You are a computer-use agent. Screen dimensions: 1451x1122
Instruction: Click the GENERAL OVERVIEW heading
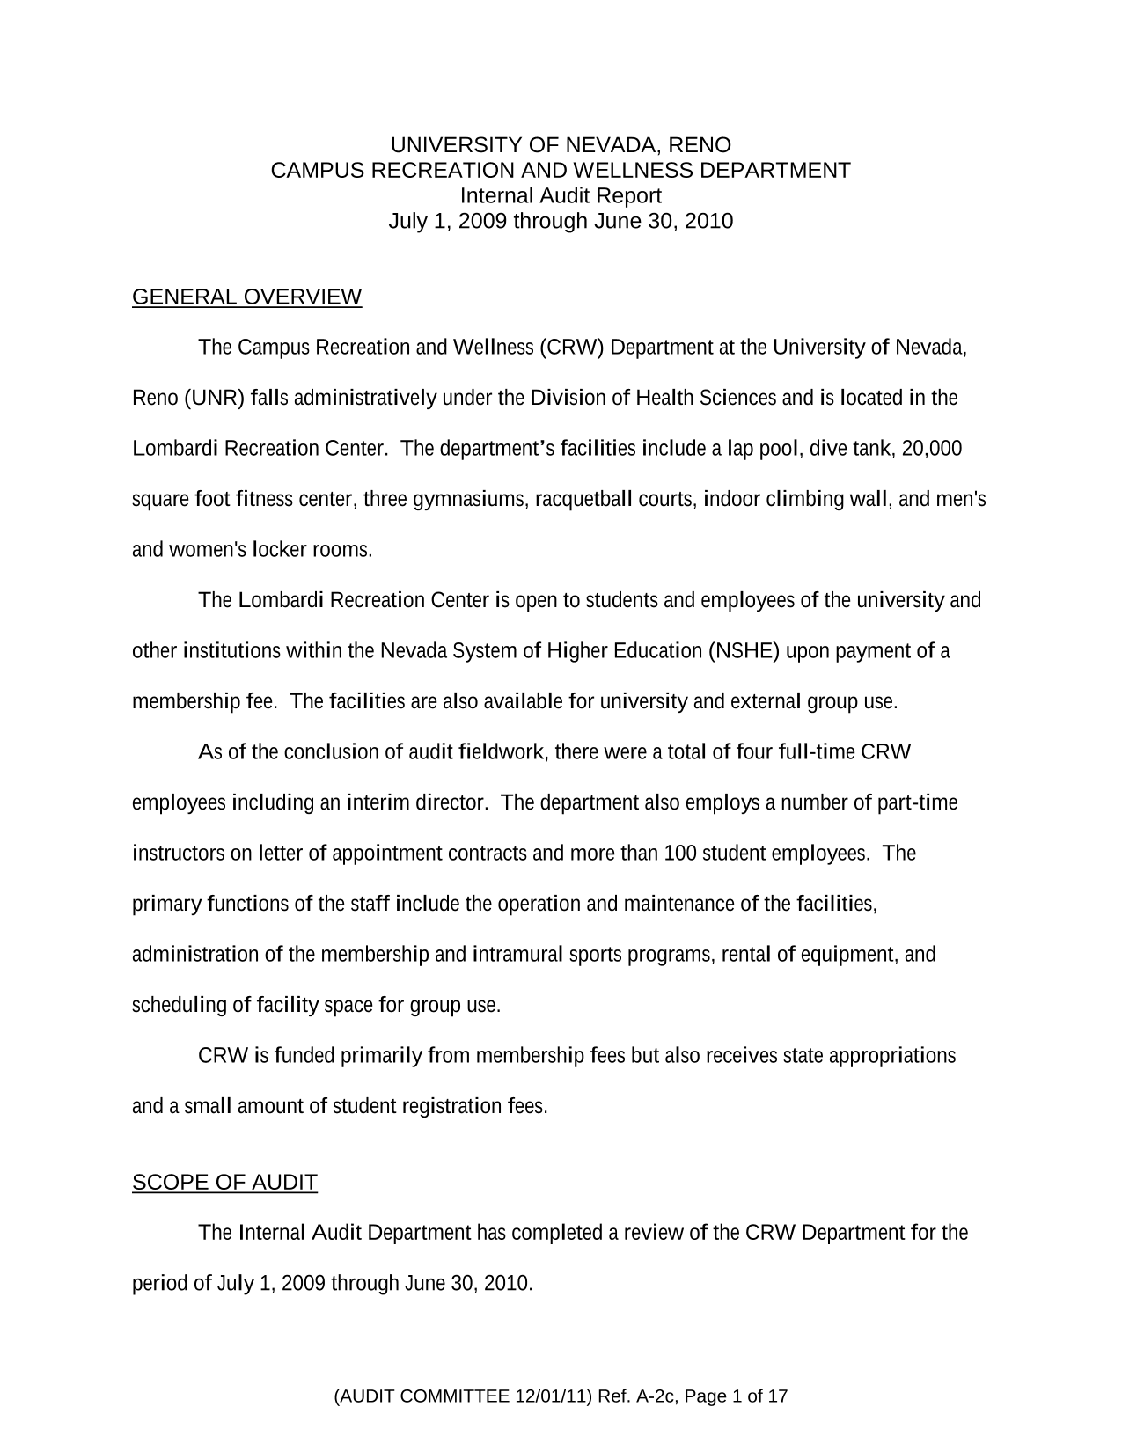point(246,297)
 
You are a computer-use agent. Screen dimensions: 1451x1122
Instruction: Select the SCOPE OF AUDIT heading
point(224,1183)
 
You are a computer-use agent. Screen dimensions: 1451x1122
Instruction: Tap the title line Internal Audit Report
point(561,195)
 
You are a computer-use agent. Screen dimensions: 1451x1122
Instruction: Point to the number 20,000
point(932,450)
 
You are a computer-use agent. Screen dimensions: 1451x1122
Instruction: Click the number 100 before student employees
point(679,854)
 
